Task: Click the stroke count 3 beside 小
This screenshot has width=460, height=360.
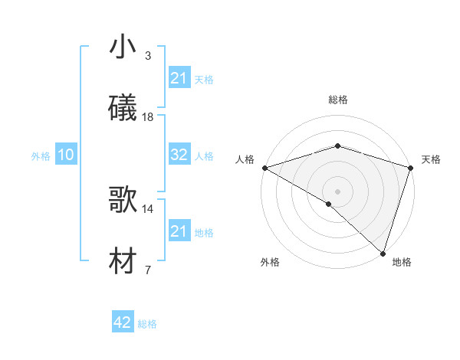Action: click(x=147, y=56)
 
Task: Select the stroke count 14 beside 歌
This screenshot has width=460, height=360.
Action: click(x=148, y=208)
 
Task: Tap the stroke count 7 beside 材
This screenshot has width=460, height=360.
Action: click(x=147, y=270)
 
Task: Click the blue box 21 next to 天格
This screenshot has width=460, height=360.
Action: click(x=179, y=78)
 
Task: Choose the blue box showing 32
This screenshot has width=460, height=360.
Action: click(x=179, y=155)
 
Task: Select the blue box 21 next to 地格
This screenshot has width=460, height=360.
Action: click(x=179, y=231)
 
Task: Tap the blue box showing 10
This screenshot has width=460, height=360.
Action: click(x=66, y=155)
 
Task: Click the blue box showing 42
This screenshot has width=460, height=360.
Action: click(x=123, y=322)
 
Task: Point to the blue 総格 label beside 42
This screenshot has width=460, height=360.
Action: click(x=147, y=324)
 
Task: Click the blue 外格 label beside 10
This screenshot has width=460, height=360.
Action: click(x=41, y=155)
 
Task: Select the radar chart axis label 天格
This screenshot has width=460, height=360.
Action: click(x=432, y=159)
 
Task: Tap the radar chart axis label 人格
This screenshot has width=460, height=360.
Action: click(x=245, y=159)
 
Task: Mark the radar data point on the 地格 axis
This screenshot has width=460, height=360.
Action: click(x=383, y=253)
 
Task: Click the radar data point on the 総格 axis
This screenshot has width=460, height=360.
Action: click(x=337, y=146)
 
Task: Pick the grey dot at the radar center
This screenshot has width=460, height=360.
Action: click(x=337, y=191)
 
